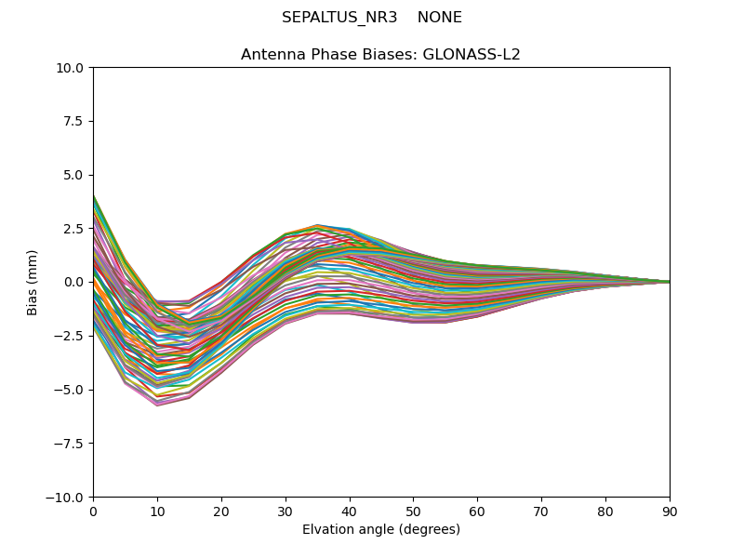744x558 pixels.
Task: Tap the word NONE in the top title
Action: (440, 18)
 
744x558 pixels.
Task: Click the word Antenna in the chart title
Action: (271, 55)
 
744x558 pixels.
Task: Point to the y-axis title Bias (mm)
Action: (33, 282)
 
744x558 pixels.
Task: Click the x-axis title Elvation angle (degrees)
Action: (381, 530)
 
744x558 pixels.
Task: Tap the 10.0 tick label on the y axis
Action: (72, 68)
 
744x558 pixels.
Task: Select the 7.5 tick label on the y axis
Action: (75, 122)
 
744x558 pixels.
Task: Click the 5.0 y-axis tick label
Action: (75, 175)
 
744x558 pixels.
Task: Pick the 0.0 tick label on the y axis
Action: (75, 283)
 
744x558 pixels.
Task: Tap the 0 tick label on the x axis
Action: (93, 511)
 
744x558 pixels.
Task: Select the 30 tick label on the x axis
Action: (286, 511)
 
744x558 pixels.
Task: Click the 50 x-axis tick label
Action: (413, 511)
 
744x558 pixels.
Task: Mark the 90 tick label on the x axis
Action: (670, 511)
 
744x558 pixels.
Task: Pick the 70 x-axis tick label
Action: (541, 511)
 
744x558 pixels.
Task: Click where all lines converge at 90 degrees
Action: (669, 282)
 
